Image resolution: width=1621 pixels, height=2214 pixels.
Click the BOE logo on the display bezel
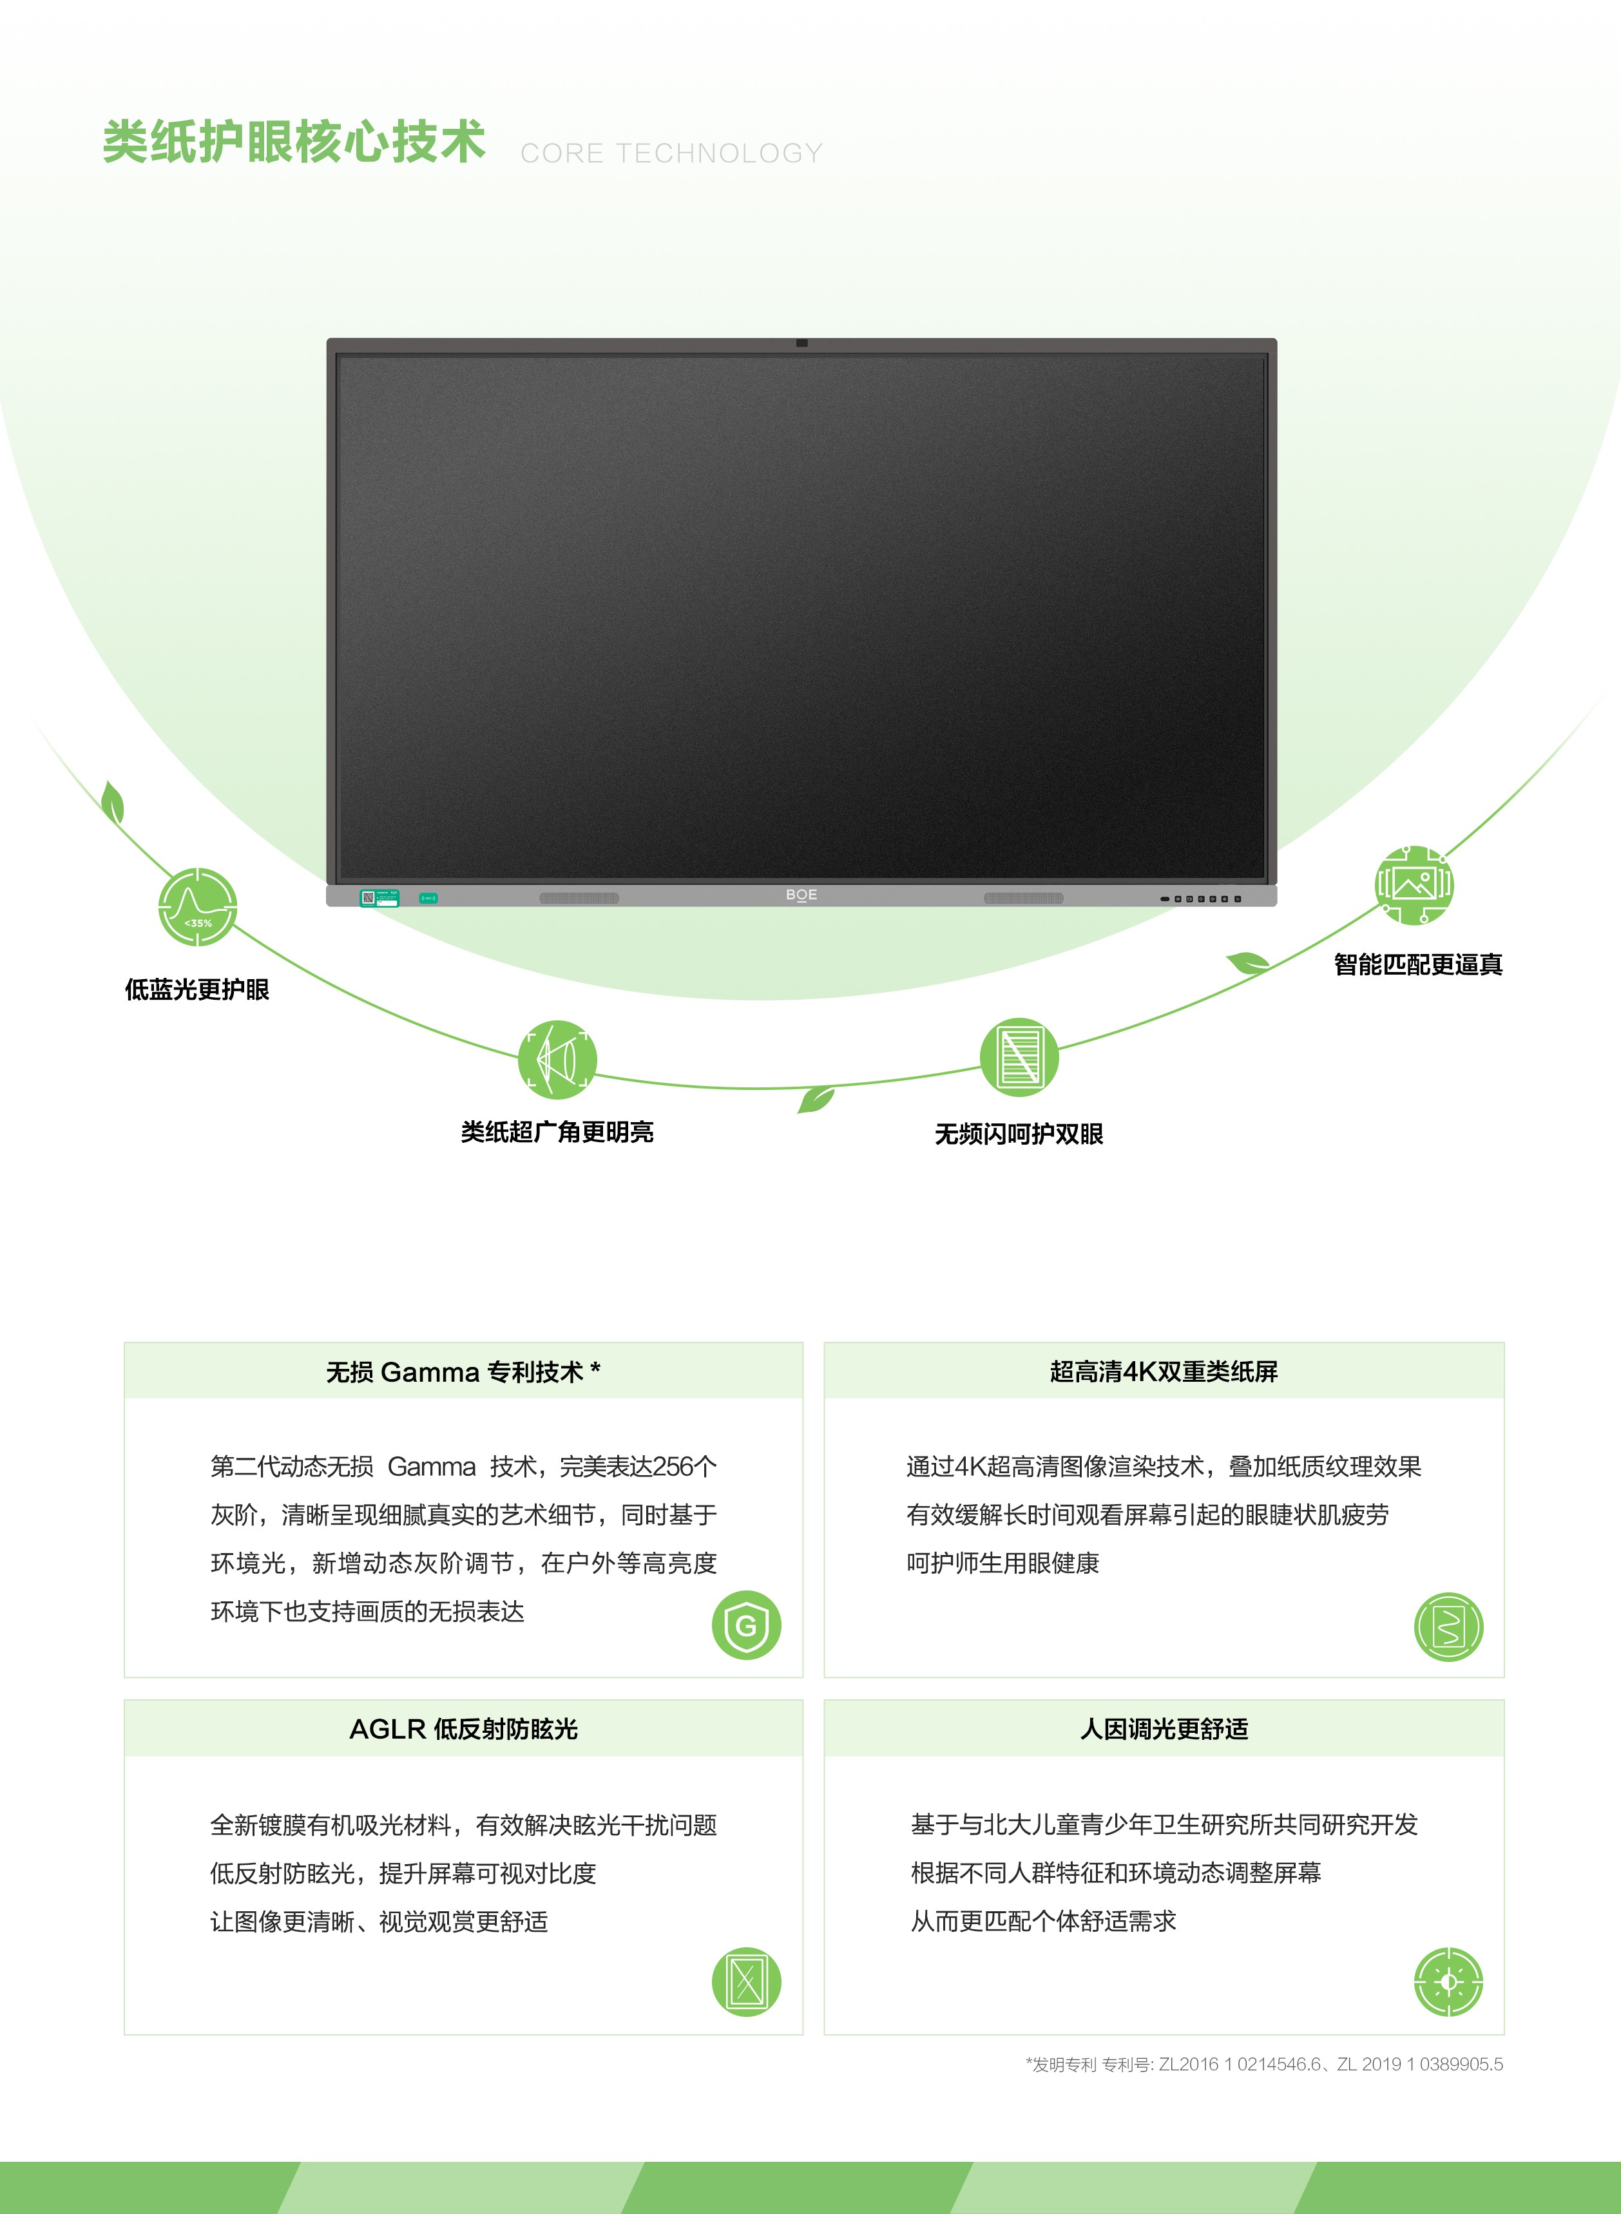tap(801, 895)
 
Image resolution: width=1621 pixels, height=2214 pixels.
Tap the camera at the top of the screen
tap(801, 342)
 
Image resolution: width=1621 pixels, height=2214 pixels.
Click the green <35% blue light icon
tap(197, 906)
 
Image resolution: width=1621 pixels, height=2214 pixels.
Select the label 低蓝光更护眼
tap(197, 989)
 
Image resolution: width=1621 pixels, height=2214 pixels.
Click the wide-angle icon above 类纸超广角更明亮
tap(557, 1058)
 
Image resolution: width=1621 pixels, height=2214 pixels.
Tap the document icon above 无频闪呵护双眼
tap(1019, 1056)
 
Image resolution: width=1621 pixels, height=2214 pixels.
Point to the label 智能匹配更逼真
tap(1418, 964)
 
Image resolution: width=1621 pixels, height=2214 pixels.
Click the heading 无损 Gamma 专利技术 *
tap(463, 1371)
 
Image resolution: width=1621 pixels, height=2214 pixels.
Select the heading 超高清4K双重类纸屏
tap(1164, 1371)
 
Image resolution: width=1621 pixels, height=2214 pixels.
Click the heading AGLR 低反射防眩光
tap(463, 1728)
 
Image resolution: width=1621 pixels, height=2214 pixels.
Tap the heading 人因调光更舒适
tap(1164, 1728)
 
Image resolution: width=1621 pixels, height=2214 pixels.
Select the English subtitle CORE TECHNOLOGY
tap(672, 153)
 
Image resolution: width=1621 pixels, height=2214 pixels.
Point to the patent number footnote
tap(1265, 2064)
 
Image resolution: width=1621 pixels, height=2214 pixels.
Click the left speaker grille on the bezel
tap(579, 897)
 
